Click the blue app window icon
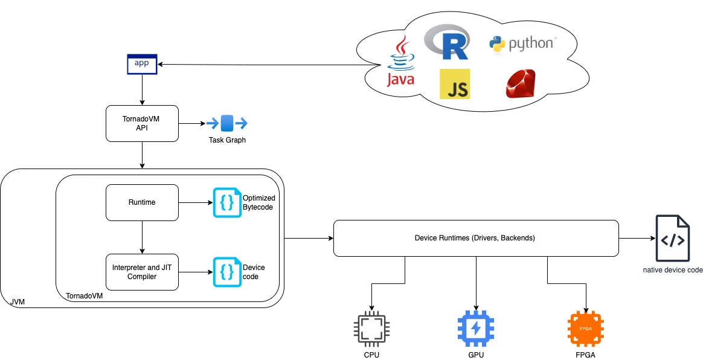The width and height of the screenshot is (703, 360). point(142,63)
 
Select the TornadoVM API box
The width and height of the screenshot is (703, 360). point(142,123)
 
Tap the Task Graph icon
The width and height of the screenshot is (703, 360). point(227,123)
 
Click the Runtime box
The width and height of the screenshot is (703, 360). point(142,202)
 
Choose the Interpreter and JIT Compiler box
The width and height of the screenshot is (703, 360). point(142,272)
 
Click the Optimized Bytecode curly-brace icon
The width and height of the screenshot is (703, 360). point(227,202)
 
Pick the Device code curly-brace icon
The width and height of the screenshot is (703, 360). point(227,272)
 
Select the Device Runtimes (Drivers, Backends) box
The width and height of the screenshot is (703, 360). point(476,238)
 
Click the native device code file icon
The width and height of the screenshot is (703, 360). point(673,238)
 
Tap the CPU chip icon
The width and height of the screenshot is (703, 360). point(371,330)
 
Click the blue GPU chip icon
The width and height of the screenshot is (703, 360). point(476,330)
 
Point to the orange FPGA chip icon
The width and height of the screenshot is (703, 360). point(586,330)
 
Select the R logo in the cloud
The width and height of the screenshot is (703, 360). point(447,42)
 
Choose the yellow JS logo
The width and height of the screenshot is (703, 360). point(455,84)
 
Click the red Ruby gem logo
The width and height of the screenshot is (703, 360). point(521,83)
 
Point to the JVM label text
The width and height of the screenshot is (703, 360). point(18,302)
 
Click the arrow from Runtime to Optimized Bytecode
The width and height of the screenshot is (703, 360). point(196,202)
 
